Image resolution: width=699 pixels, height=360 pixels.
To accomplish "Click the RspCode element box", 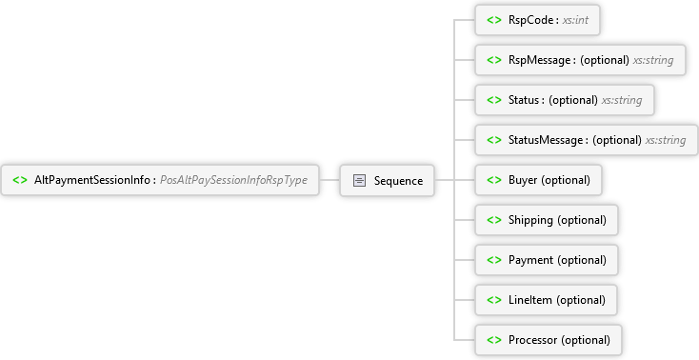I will (x=539, y=20).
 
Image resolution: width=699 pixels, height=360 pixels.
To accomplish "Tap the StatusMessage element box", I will (x=586, y=140).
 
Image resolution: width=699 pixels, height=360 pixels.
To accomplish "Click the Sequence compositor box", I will (x=388, y=180).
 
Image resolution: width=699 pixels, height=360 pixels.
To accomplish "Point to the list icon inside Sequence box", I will (x=360, y=180).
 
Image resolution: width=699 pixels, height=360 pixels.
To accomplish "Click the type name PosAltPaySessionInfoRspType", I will (x=240, y=180).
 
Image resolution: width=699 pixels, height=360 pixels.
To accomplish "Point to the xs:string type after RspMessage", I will (x=653, y=60).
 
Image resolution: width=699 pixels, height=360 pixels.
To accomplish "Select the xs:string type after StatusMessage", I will (x=666, y=140).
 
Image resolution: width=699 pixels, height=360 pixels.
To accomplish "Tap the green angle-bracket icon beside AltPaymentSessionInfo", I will (x=20, y=180).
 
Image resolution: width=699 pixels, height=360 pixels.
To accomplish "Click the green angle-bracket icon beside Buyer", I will (x=493, y=180).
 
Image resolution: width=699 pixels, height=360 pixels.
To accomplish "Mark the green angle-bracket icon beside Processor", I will (x=493, y=340).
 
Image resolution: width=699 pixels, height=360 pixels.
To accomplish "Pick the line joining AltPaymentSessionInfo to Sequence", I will (x=329, y=180).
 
